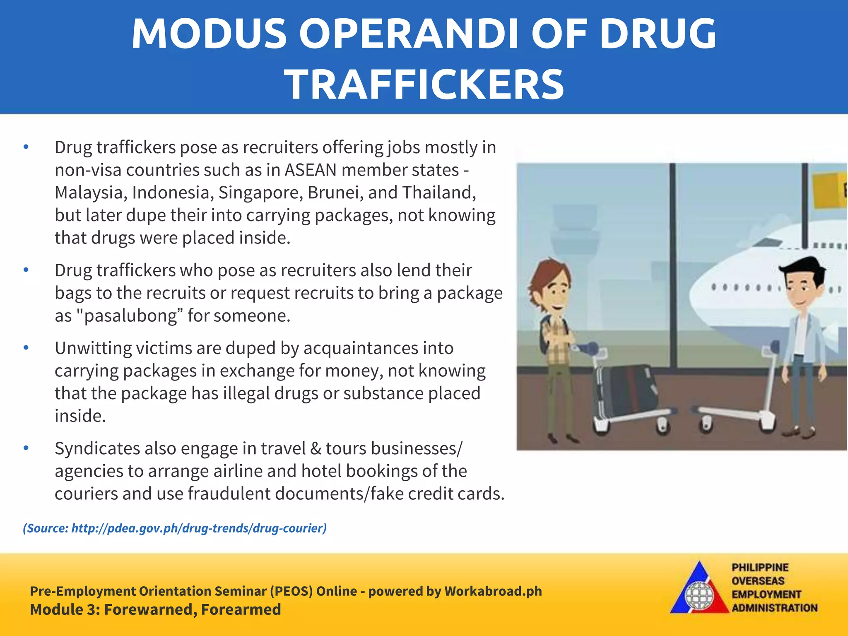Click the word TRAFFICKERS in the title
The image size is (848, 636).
pyautogui.click(x=424, y=85)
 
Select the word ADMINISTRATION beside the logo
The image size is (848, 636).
pyautogui.click(x=774, y=608)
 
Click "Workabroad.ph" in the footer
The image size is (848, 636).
pyautogui.click(x=493, y=591)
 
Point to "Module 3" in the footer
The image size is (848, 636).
pyautogui.click(x=63, y=610)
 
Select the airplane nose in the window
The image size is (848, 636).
pyautogui.click(x=704, y=294)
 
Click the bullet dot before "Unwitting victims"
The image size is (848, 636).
pyautogui.click(x=26, y=348)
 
